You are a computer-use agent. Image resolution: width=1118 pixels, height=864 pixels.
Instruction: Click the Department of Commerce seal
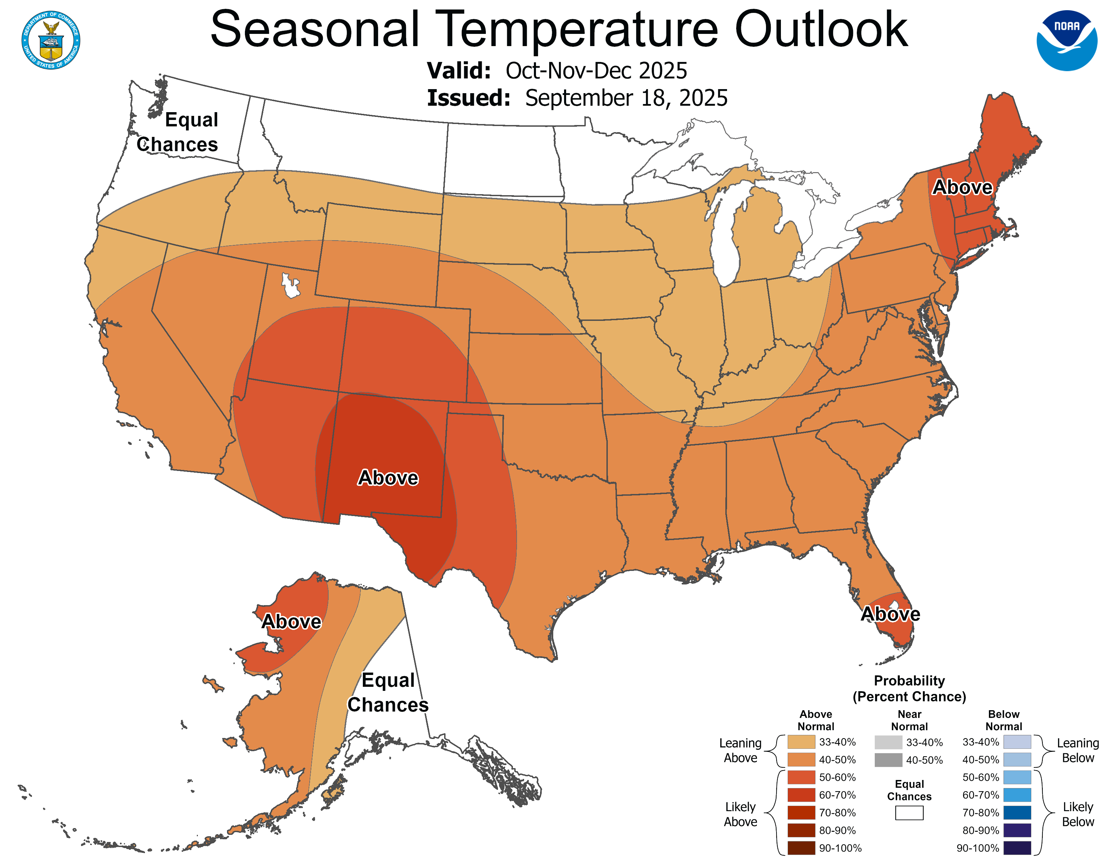pyautogui.click(x=51, y=40)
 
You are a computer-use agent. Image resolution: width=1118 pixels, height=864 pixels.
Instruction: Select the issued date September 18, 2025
pyautogui.click(x=626, y=98)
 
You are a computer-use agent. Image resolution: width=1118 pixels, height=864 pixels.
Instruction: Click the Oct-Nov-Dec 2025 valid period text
pyautogui.click(x=596, y=70)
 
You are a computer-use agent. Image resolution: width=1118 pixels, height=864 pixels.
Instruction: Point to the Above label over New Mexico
pyautogui.click(x=388, y=477)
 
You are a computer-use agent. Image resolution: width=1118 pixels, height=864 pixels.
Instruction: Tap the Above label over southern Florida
pyautogui.click(x=890, y=614)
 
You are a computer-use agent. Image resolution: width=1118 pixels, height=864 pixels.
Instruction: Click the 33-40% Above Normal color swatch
pyautogui.click(x=801, y=742)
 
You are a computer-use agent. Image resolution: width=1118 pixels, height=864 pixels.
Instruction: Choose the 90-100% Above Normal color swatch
pyautogui.click(x=801, y=848)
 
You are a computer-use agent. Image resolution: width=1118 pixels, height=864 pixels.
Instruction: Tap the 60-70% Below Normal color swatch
pyautogui.click(x=1017, y=795)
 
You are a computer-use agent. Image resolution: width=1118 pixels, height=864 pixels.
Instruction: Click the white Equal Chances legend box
pyautogui.click(x=909, y=813)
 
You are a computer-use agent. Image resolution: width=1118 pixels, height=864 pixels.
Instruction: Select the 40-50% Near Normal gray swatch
pyautogui.click(x=888, y=760)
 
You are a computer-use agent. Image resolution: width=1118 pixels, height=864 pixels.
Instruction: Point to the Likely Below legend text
pyautogui.click(x=1078, y=814)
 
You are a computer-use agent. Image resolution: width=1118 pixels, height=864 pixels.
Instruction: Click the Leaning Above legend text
pyautogui.click(x=740, y=750)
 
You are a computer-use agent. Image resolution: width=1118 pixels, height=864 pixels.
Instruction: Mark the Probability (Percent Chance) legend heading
pyautogui.click(x=909, y=688)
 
